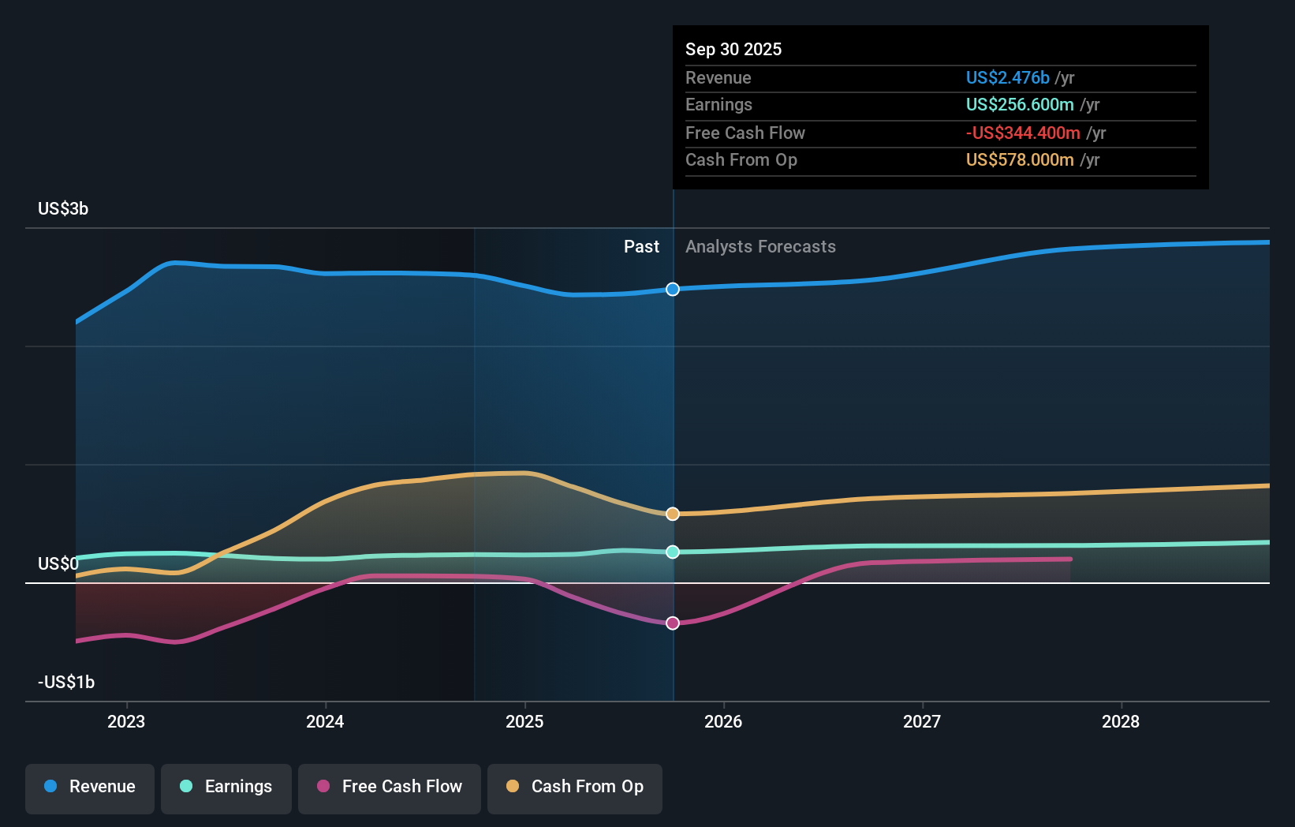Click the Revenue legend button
(x=90, y=787)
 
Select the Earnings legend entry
(x=226, y=787)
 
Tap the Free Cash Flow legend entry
(x=390, y=787)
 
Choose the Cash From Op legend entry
(x=575, y=787)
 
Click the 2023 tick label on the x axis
(x=126, y=722)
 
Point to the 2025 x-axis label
(x=524, y=722)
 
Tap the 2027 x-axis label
(x=922, y=722)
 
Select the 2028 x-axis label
(x=1121, y=722)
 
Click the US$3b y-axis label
(x=63, y=209)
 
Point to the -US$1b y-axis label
(x=66, y=683)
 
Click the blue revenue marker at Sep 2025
(x=673, y=290)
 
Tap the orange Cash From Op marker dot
(x=673, y=514)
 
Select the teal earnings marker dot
(x=673, y=552)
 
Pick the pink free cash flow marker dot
(x=673, y=623)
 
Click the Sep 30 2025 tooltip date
(x=733, y=50)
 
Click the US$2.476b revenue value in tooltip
(x=1007, y=78)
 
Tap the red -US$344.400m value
(x=1023, y=133)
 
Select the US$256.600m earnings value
(x=1020, y=105)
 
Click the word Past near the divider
(x=641, y=247)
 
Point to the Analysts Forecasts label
(x=760, y=247)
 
